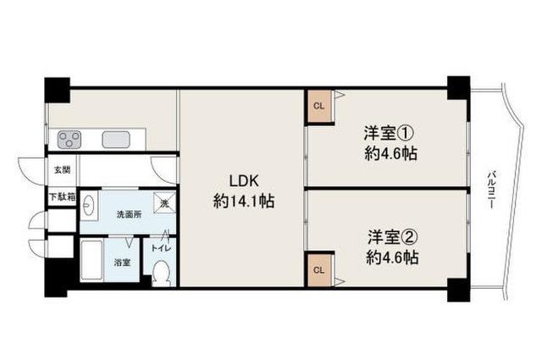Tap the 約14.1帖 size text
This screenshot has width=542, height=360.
(x=244, y=201)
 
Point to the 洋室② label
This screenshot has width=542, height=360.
(x=393, y=237)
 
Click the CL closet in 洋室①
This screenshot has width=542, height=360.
(x=319, y=106)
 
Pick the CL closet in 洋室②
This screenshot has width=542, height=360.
(x=319, y=270)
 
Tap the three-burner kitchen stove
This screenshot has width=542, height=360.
(x=69, y=140)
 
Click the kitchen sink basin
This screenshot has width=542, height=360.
(x=116, y=140)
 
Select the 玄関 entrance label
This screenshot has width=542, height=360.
(x=62, y=170)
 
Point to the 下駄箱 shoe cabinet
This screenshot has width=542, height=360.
(x=62, y=197)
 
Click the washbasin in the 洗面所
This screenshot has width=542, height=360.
(x=89, y=205)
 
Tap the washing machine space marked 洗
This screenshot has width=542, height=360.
(x=164, y=203)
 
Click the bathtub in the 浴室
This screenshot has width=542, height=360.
(x=92, y=260)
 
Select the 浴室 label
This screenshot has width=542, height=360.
(x=122, y=263)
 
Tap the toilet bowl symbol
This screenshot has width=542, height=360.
(x=161, y=273)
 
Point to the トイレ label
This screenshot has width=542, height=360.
(x=161, y=248)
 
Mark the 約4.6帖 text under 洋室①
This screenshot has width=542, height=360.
(x=390, y=154)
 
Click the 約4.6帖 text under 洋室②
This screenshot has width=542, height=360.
(x=393, y=258)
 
